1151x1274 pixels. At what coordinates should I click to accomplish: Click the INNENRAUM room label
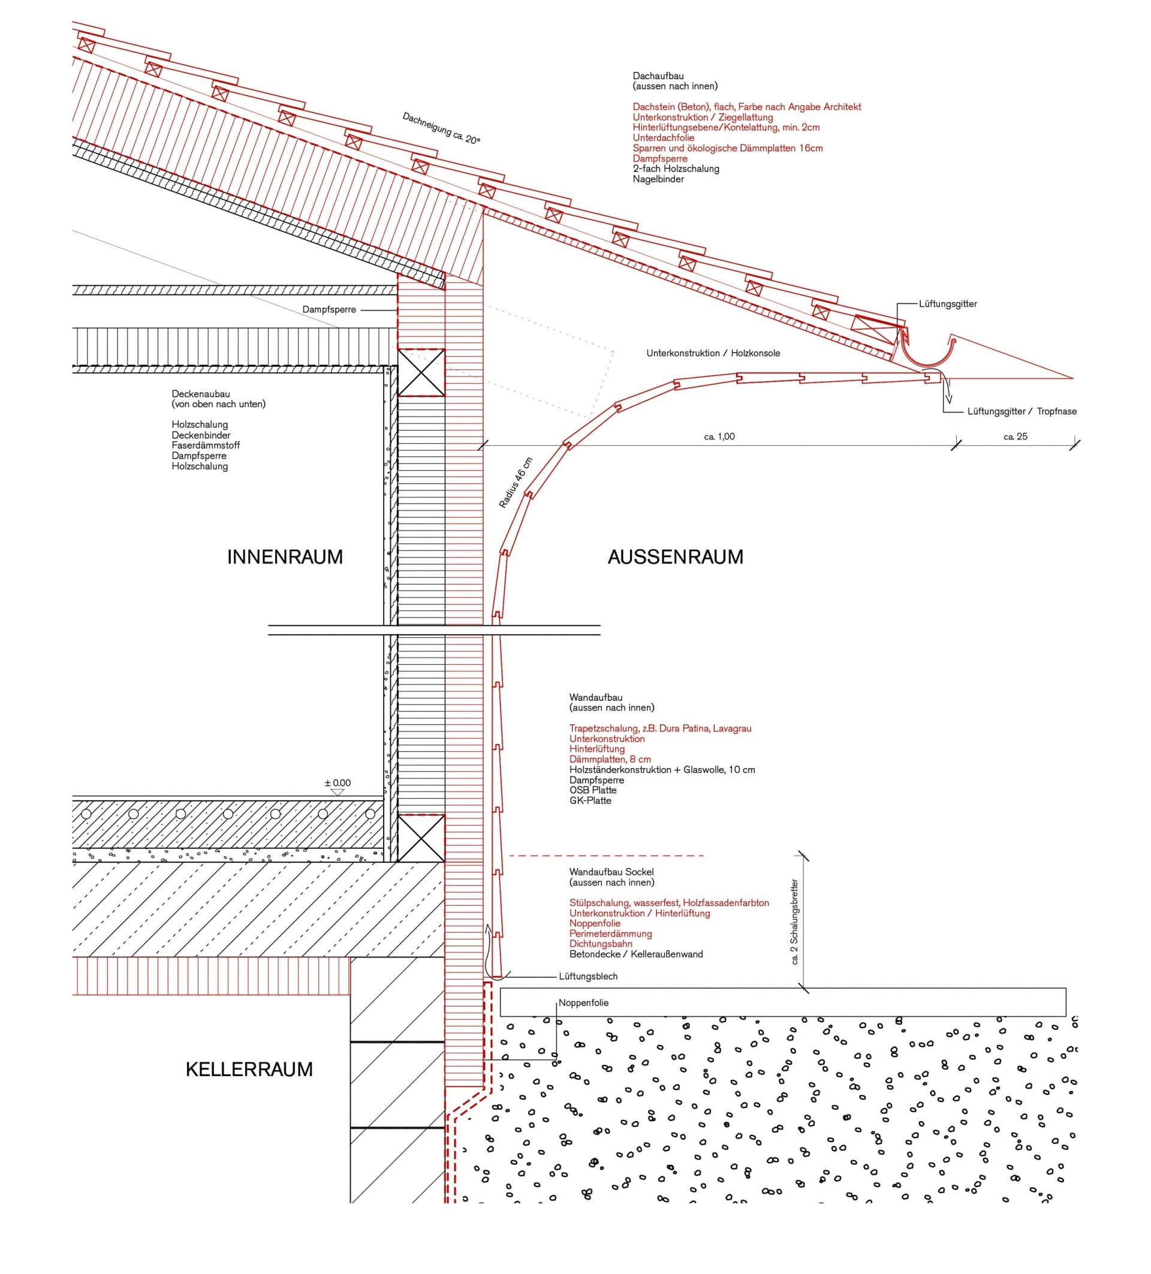(x=284, y=557)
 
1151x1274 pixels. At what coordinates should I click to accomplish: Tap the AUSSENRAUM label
(x=674, y=557)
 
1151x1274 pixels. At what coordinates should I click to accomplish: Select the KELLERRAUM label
(x=249, y=1069)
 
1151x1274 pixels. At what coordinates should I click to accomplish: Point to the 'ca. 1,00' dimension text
(x=719, y=436)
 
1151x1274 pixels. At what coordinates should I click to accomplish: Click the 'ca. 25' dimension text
(x=1014, y=436)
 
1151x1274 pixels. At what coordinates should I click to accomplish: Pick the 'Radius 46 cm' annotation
(x=516, y=483)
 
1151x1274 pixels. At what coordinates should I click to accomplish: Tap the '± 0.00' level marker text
(x=338, y=783)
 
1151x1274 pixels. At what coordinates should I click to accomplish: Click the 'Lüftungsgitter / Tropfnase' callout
(x=1022, y=411)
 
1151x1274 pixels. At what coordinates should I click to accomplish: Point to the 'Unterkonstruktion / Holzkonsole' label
(x=713, y=353)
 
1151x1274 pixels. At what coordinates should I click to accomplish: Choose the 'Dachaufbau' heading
(x=658, y=76)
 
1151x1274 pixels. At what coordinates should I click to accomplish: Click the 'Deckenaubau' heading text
(x=200, y=394)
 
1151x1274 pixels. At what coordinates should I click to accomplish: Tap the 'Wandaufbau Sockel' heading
(x=611, y=872)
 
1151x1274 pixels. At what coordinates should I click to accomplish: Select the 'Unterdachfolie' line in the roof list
(x=662, y=138)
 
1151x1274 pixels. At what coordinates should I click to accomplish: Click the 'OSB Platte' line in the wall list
(x=592, y=790)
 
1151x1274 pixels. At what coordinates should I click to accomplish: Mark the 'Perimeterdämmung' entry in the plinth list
(x=610, y=933)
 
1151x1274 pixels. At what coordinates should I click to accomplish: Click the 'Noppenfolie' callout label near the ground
(x=583, y=1003)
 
